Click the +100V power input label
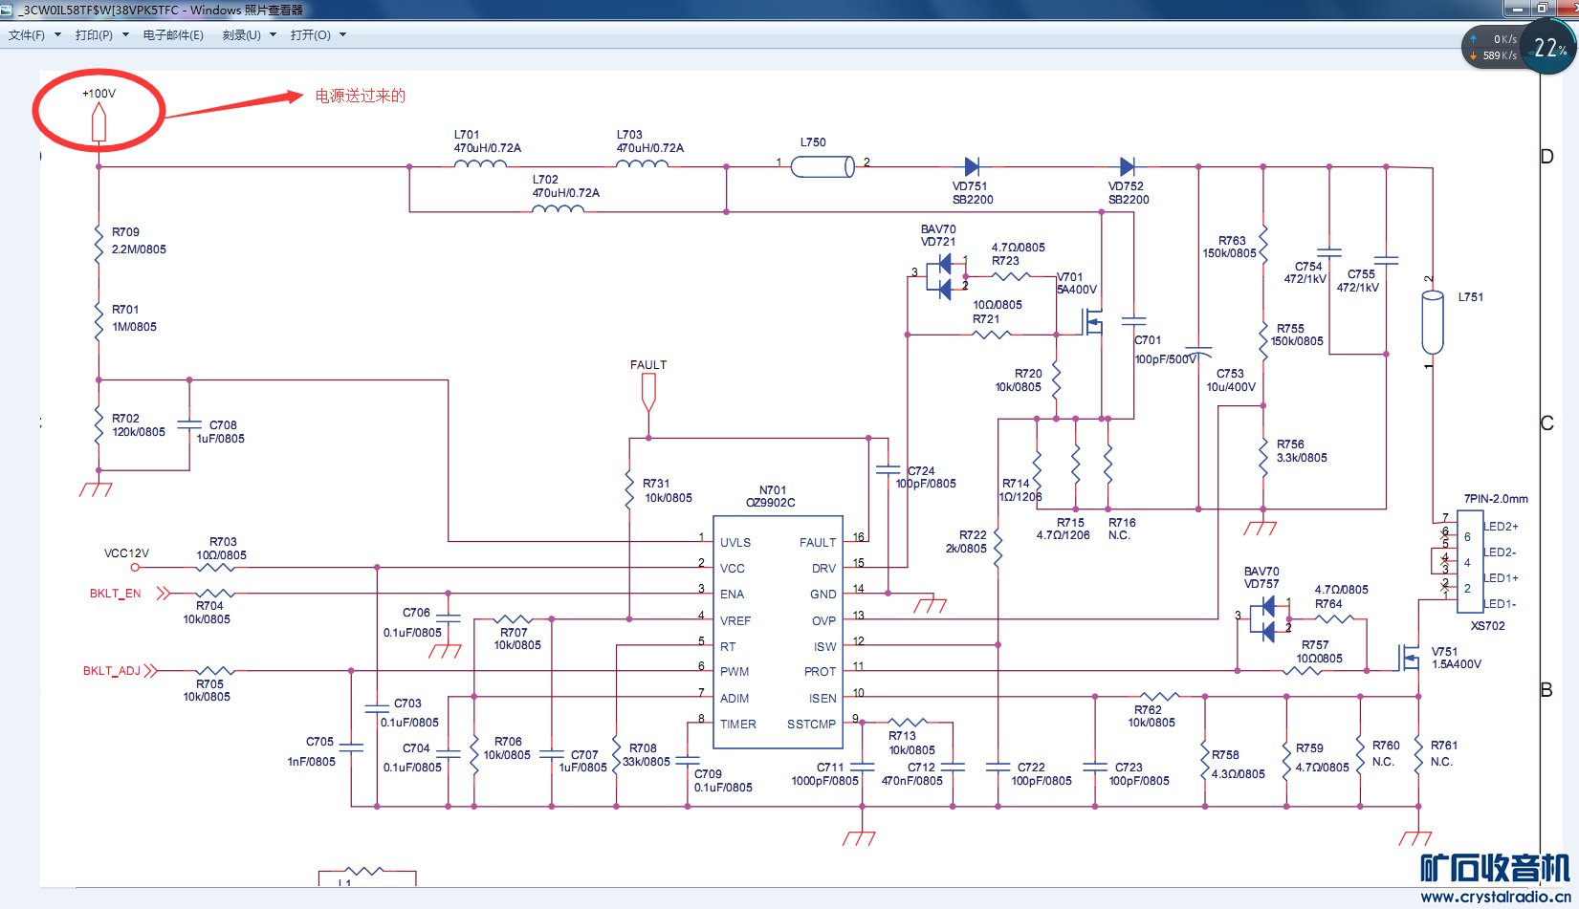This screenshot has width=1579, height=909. (x=99, y=94)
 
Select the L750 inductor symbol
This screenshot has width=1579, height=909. (x=822, y=167)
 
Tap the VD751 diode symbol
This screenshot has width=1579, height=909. (x=972, y=167)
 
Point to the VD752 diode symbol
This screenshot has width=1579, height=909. (x=1127, y=167)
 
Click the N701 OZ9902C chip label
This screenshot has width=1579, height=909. (x=771, y=496)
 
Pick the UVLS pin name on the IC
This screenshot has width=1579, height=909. (x=735, y=543)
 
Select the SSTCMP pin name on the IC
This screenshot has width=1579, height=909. (x=811, y=725)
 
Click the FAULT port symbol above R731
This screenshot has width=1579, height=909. (x=648, y=391)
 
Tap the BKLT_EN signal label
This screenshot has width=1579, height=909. (x=115, y=594)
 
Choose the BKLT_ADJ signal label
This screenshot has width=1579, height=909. (x=112, y=671)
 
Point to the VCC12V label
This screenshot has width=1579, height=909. (x=126, y=553)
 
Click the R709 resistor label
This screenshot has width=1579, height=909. (x=125, y=232)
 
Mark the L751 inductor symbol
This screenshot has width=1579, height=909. (x=1432, y=323)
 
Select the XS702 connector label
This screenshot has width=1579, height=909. (x=1487, y=626)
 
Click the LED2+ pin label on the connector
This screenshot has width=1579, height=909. (x=1501, y=527)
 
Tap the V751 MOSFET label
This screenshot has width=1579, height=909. (x=1444, y=652)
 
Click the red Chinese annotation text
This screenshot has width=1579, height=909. (x=361, y=96)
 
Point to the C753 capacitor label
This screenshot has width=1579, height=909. (x=1230, y=374)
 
